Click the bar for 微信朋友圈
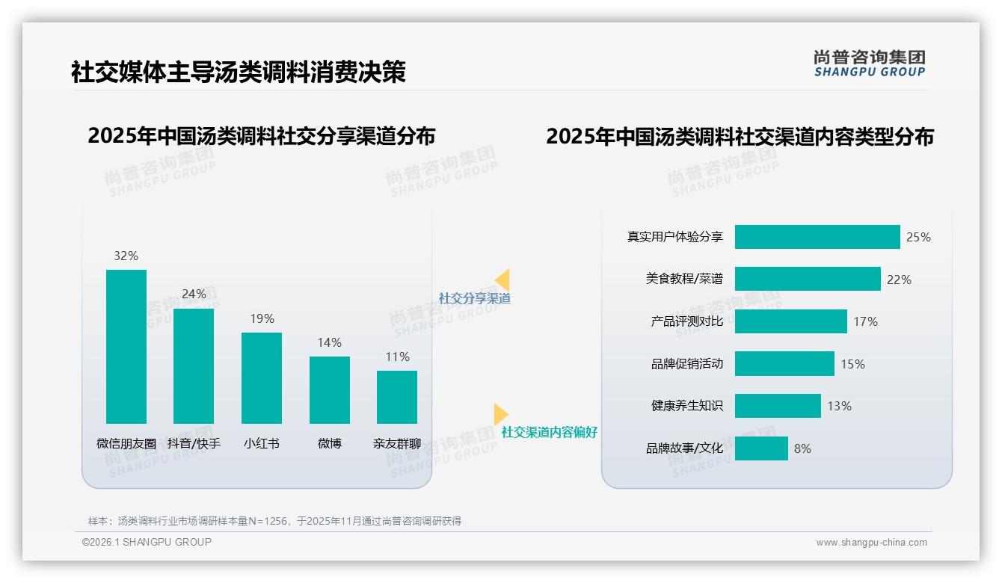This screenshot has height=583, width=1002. [126, 347]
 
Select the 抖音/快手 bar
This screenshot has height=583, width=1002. [194, 366]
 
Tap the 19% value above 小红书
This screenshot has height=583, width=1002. [262, 318]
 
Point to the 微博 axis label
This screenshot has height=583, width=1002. [329, 443]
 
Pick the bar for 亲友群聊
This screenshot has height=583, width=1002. [397, 397]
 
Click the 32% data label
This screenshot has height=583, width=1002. [126, 256]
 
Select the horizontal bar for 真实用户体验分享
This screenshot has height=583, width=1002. [817, 237]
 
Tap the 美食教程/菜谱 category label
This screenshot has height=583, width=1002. [684, 279]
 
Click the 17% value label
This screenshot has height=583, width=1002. [865, 321]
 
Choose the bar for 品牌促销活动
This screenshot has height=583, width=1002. [784, 364]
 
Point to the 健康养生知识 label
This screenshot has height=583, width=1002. [686, 406]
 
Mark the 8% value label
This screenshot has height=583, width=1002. [802, 448]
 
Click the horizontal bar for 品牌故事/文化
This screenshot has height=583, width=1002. [761, 448]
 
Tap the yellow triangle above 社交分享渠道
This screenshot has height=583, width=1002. [502, 280]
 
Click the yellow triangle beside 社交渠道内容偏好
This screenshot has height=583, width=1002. [500, 414]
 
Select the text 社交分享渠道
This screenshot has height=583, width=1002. [474, 298]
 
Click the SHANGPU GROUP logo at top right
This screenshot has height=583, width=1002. [869, 64]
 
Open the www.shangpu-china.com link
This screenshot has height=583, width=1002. [871, 543]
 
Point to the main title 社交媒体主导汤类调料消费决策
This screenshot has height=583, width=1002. [239, 73]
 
